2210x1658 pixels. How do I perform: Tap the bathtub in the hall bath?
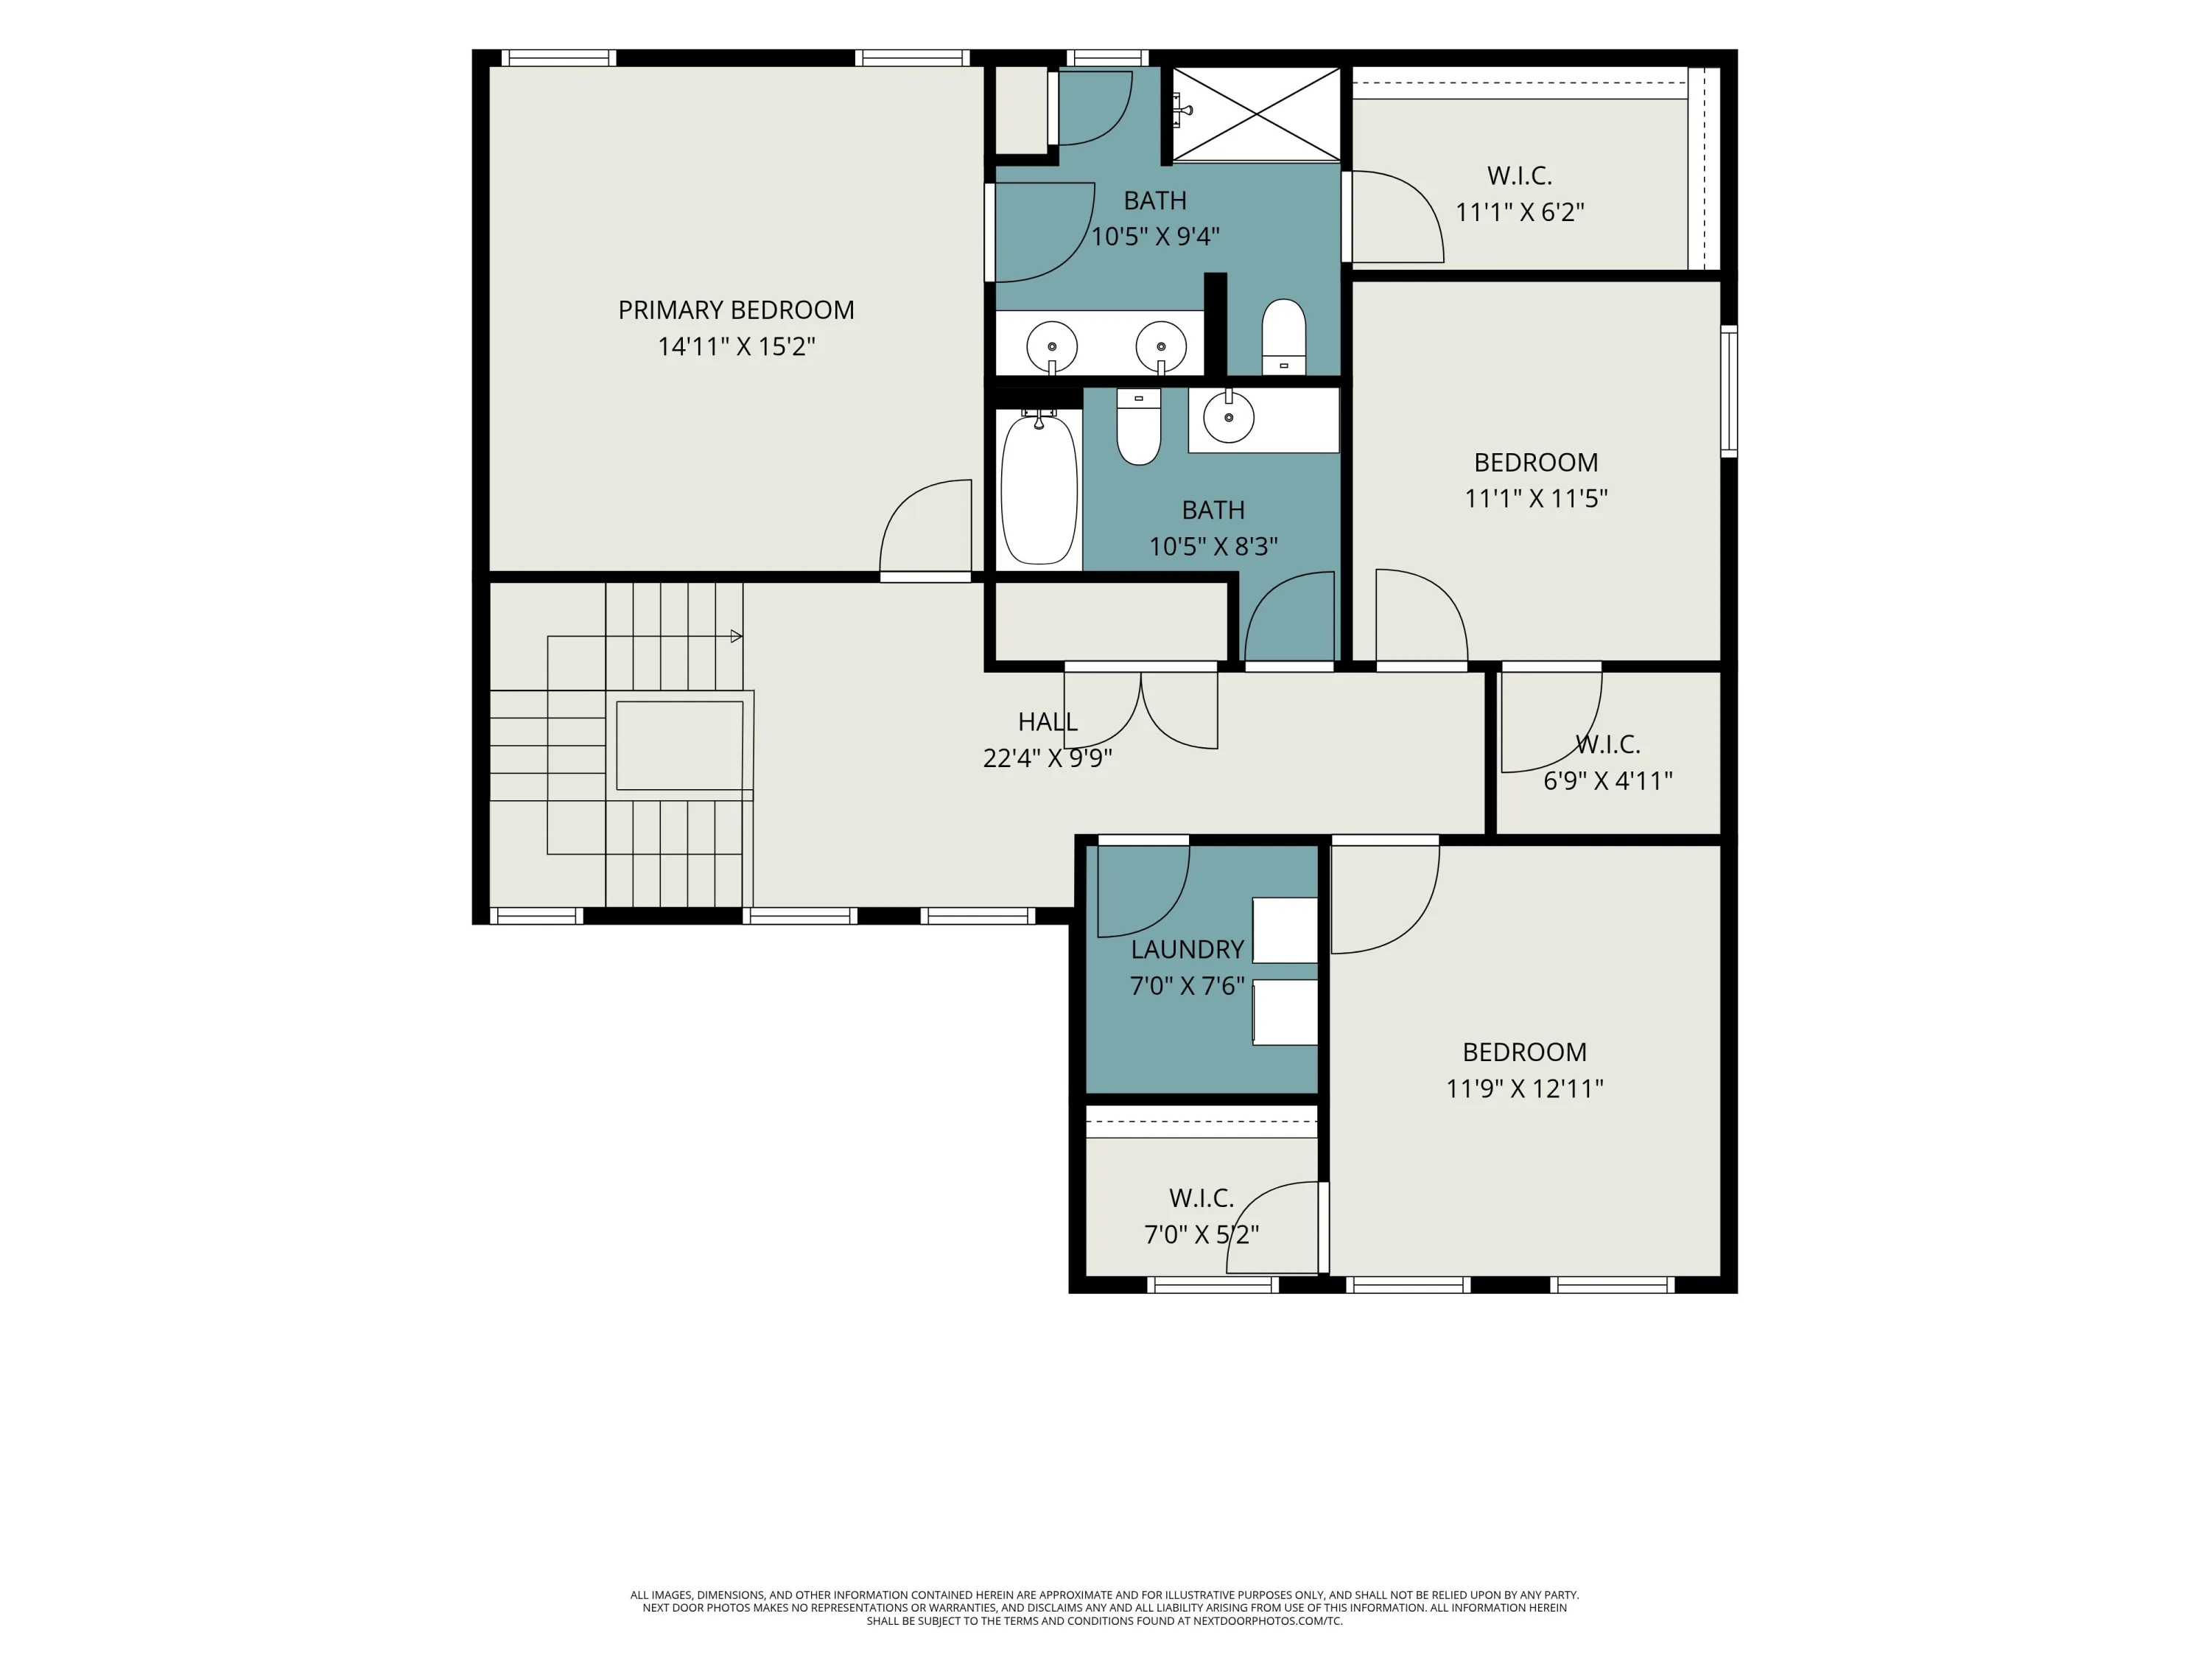click(x=1039, y=490)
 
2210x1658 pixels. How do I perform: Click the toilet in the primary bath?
click(x=1284, y=337)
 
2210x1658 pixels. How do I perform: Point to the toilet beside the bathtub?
click(x=1138, y=427)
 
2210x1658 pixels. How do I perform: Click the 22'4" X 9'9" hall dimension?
click(x=1047, y=758)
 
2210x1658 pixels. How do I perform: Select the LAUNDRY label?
click(x=1187, y=949)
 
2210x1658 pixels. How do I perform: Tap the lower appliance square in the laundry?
click(x=1285, y=1012)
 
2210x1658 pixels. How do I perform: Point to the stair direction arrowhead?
click(x=737, y=636)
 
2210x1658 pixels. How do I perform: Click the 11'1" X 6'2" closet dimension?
click(x=1520, y=212)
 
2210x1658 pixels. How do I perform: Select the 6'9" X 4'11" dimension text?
click(x=1607, y=780)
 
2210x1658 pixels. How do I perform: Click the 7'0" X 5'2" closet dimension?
click(x=1201, y=1234)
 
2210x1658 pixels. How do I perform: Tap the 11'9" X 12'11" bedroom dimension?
click(x=1525, y=1088)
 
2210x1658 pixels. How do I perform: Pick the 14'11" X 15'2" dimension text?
click(x=737, y=347)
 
